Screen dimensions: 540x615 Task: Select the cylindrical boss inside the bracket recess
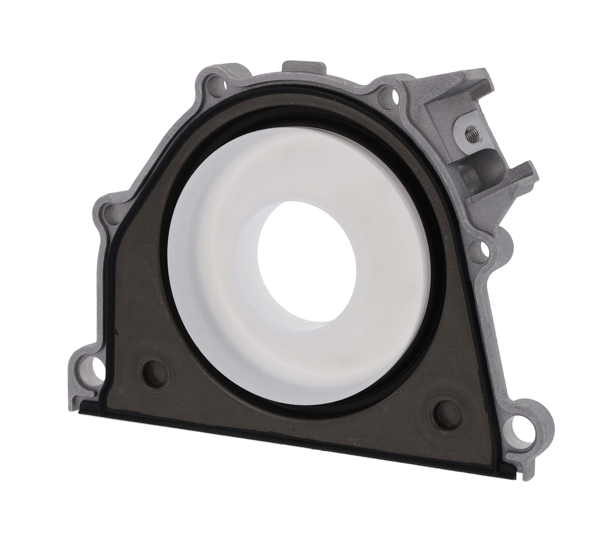[468, 178]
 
